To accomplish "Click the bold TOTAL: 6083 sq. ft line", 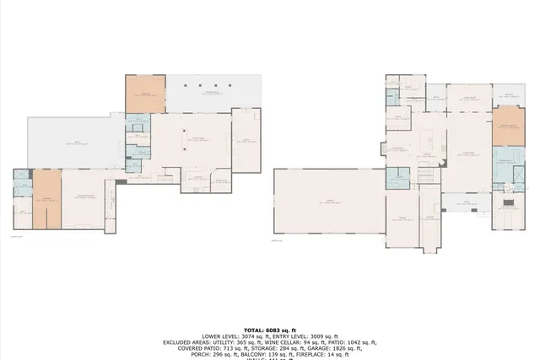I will [x=269, y=330].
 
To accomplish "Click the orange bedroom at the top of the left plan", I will [x=145, y=94].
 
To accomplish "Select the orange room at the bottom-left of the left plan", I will [x=46, y=199].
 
